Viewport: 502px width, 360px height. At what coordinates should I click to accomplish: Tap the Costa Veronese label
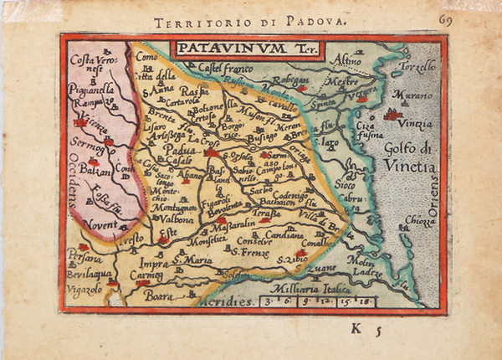[91, 64]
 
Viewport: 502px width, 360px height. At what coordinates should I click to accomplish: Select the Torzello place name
[418, 66]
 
